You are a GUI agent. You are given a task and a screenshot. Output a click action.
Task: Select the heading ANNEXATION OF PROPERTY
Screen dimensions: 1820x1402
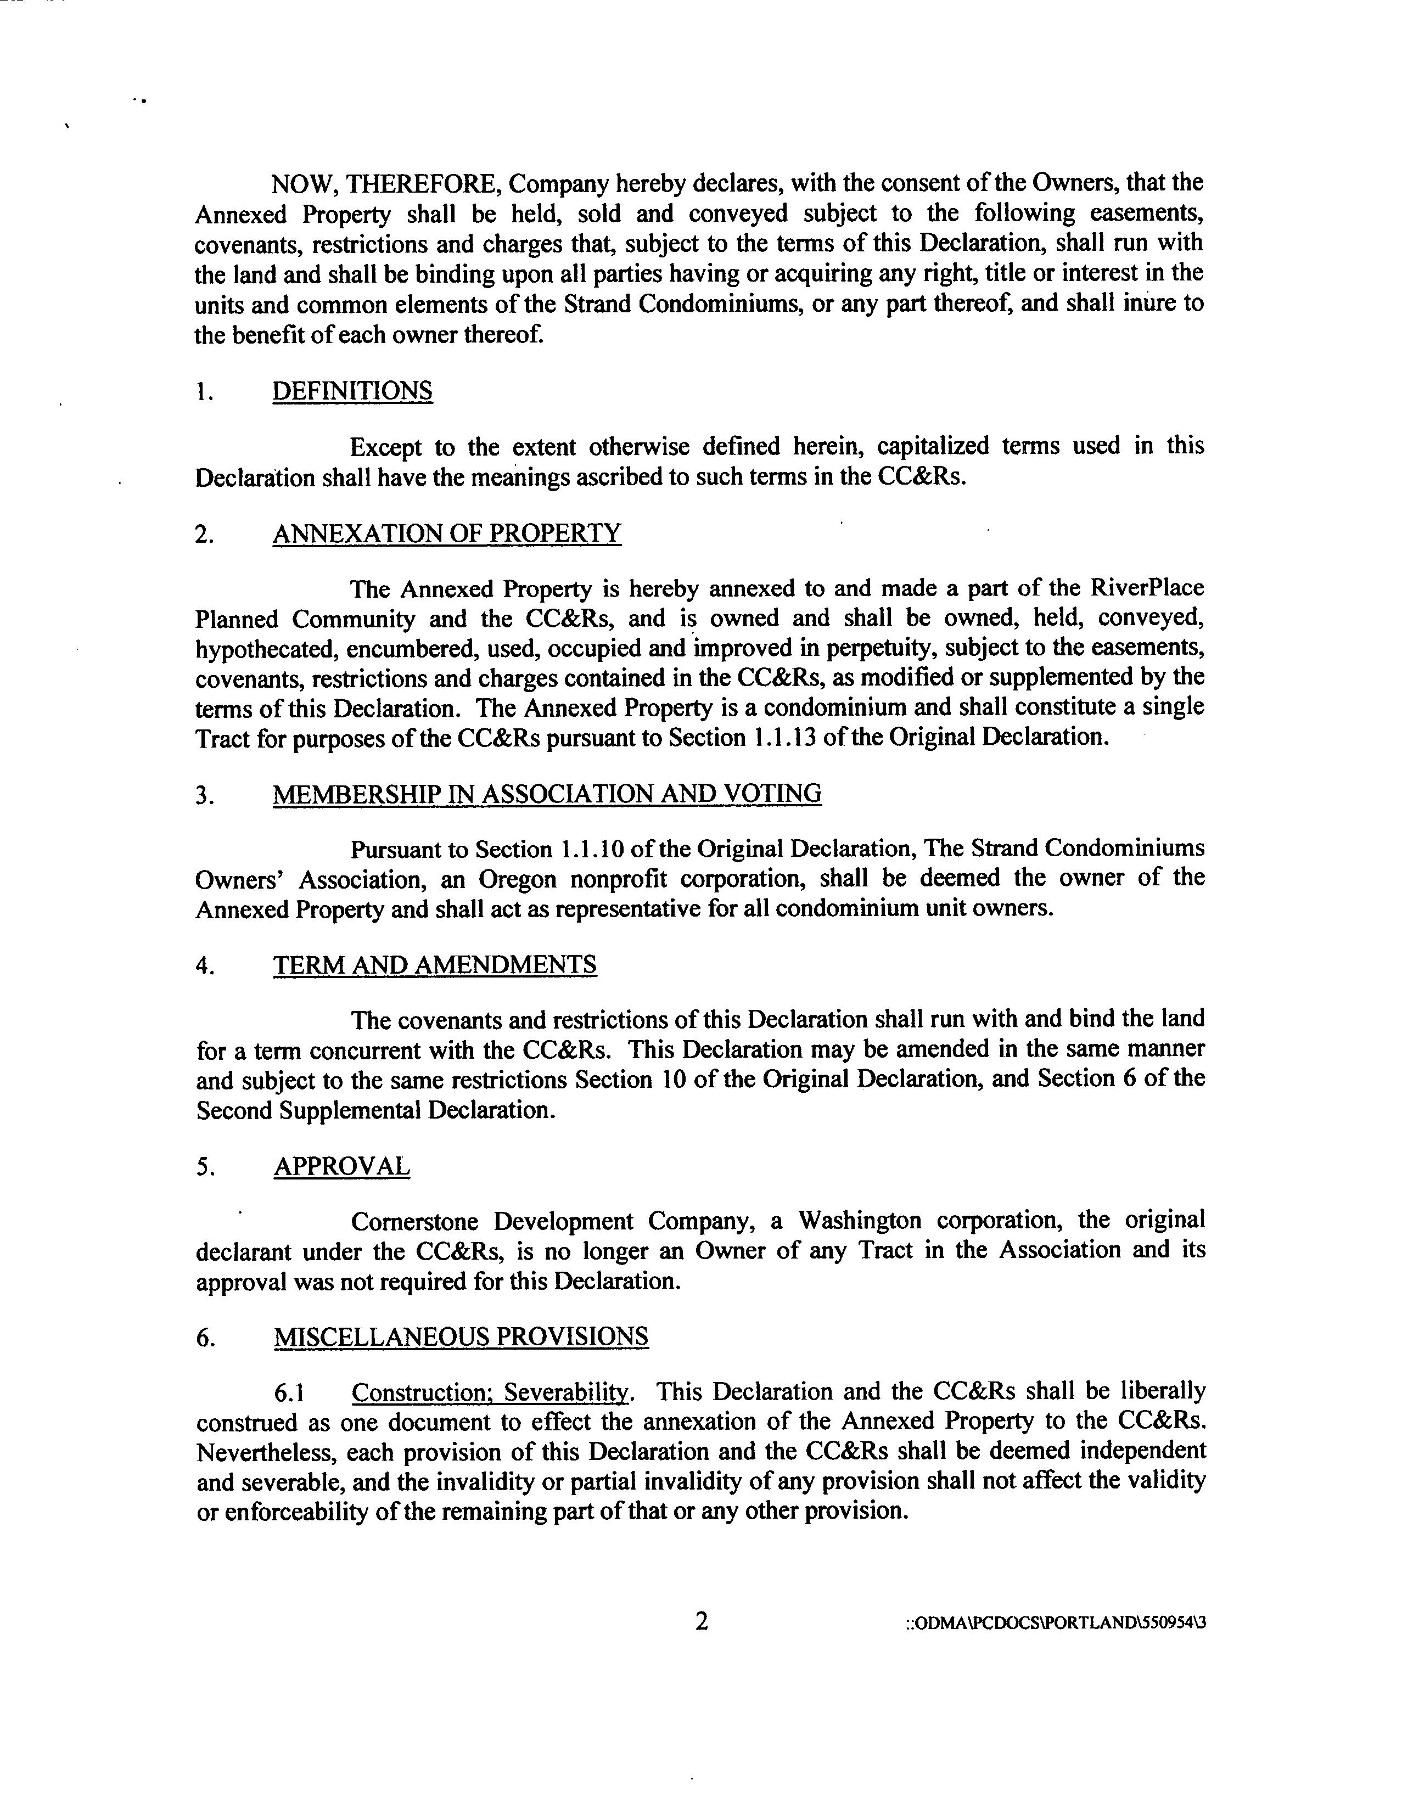[x=447, y=533]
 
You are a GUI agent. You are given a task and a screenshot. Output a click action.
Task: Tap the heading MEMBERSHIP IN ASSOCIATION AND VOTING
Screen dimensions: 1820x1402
[x=547, y=793]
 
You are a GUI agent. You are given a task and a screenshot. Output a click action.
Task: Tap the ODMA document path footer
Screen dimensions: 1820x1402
[x=1055, y=1624]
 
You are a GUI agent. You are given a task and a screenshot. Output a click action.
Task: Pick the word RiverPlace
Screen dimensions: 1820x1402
[x=1146, y=588]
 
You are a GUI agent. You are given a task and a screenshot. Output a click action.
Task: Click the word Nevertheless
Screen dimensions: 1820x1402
[x=264, y=1452]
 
